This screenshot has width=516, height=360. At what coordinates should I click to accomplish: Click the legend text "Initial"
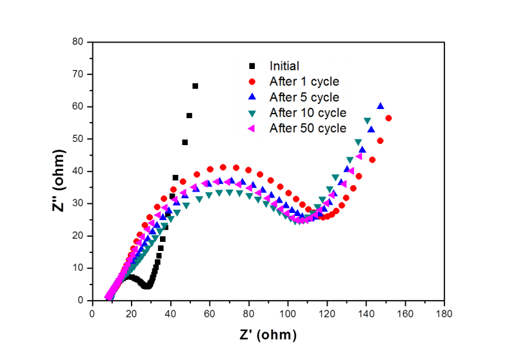click(x=284, y=66)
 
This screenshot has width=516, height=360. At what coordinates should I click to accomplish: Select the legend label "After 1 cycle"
click(x=304, y=82)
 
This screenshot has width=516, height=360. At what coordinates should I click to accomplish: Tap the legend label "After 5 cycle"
click(x=304, y=97)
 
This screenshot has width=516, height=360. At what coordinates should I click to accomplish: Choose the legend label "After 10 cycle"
click(x=308, y=113)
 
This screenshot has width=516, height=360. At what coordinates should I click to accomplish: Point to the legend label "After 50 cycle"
click(x=308, y=128)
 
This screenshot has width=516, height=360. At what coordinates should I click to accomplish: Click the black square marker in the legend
click(x=252, y=66)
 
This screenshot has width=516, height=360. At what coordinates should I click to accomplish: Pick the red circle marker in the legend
click(x=252, y=82)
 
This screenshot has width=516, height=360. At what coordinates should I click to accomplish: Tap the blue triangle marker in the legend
click(x=252, y=97)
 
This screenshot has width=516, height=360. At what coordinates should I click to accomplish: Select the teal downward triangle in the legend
click(x=252, y=113)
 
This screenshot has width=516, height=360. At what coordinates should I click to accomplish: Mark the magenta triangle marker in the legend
click(x=252, y=128)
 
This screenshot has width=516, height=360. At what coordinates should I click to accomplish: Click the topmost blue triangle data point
click(x=381, y=106)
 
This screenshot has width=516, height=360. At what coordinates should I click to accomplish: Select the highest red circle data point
click(x=388, y=119)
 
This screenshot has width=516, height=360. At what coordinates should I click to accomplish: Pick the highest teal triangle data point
click(x=367, y=121)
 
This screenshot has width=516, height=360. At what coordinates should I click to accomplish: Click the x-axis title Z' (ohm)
click(x=268, y=335)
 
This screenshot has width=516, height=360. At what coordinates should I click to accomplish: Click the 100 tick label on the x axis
click(x=288, y=314)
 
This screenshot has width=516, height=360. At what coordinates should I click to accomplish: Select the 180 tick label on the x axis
click(x=444, y=314)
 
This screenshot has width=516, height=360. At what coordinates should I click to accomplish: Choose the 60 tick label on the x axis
click(x=210, y=314)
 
